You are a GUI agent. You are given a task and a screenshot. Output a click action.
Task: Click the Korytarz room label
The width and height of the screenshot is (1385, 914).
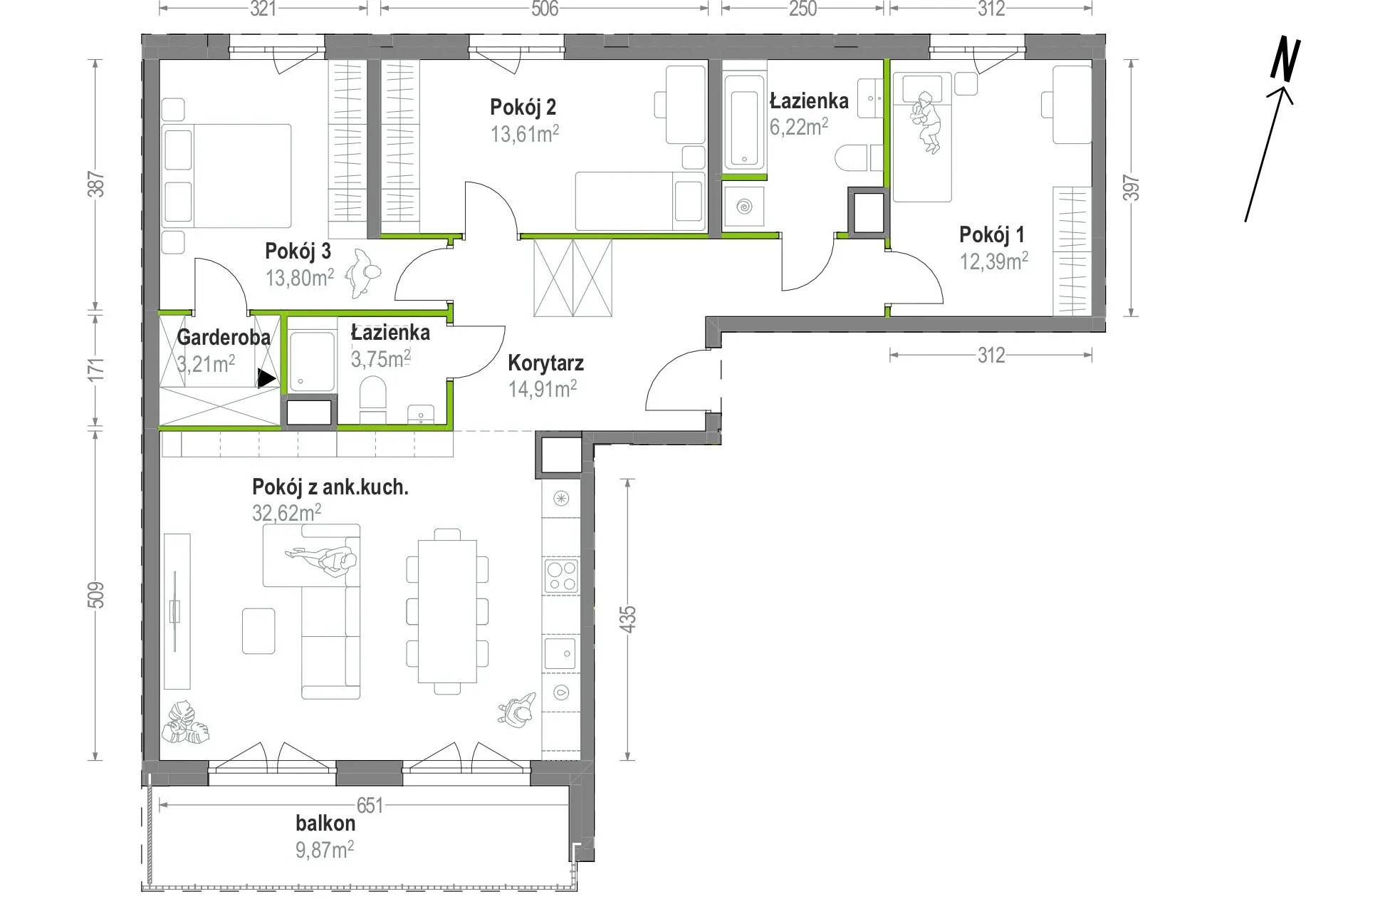[x=545, y=363]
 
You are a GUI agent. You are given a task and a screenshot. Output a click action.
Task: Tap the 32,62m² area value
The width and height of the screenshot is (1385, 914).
[x=286, y=513]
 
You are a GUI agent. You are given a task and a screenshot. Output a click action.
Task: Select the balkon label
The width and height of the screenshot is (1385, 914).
[x=325, y=824]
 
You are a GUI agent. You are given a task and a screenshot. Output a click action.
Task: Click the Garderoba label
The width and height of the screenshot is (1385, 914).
[x=224, y=337]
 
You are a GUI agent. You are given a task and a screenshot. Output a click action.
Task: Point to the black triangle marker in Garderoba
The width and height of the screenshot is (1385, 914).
[x=266, y=378]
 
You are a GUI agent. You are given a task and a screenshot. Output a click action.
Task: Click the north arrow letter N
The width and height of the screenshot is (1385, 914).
[x=1285, y=59]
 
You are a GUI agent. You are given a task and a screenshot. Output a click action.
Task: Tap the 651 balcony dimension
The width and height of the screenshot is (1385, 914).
[x=370, y=806]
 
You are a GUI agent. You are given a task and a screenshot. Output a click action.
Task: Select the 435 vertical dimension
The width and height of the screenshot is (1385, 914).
[x=627, y=619]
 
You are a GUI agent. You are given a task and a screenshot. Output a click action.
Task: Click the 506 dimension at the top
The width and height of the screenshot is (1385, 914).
[x=544, y=9]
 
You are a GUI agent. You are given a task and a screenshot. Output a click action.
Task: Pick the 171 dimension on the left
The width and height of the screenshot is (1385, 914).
[x=97, y=368]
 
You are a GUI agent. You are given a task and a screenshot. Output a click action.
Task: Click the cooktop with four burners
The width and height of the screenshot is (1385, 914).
[x=561, y=576]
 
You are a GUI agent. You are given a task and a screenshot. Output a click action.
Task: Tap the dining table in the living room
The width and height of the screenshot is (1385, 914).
[x=447, y=611]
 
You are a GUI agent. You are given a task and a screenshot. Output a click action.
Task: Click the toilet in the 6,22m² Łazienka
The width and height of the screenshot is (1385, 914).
[x=851, y=157]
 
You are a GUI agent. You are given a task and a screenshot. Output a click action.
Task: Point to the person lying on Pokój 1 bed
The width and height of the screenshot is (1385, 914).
[x=927, y=121]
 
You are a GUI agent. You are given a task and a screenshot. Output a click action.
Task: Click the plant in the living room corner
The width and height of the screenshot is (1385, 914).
[x=185, y=722]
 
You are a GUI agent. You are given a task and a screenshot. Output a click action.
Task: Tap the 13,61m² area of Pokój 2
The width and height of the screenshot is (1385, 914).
[x=525, y=133]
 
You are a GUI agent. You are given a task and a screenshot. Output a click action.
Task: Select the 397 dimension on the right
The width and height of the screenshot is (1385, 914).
[x=1131, y=188]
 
